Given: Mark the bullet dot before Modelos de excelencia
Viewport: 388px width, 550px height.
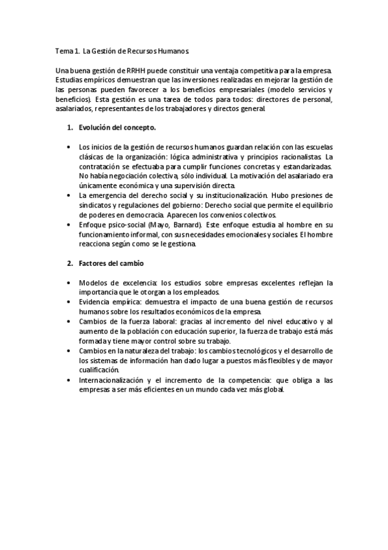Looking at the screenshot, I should point(69,283).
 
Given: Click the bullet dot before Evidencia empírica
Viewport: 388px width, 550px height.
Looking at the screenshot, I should point(69,302).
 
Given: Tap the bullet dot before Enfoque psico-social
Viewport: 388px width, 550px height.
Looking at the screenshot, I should point(69,224).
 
